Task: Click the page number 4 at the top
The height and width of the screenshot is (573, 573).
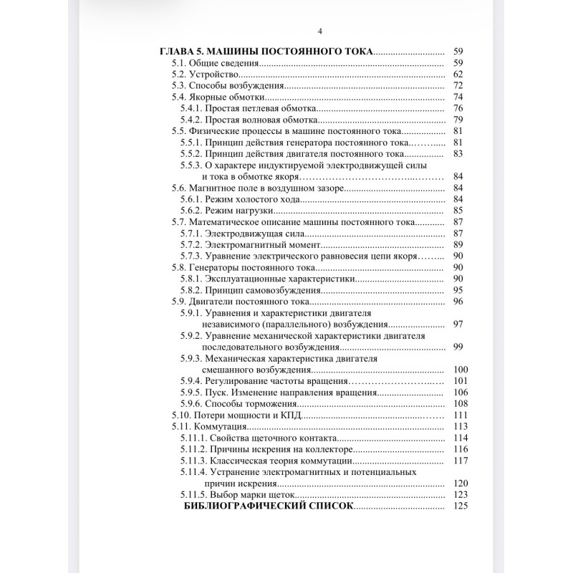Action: (x=319, y=31)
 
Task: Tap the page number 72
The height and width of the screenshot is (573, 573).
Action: (x=458, y=86)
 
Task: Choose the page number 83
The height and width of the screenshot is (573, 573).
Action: (x=458, y=153)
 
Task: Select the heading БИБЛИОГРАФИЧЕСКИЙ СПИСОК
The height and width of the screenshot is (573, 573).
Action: (x=269, y=506)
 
